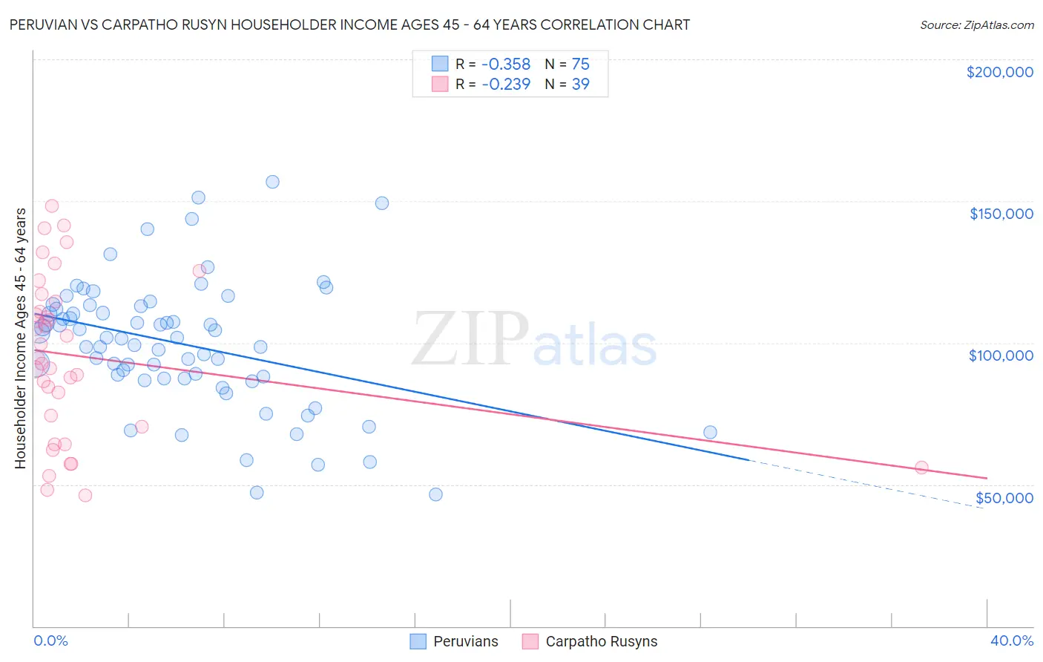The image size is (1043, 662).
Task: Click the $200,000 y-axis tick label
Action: click(x=999, y=72)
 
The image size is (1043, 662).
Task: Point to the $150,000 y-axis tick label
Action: click(x=1001, y=214)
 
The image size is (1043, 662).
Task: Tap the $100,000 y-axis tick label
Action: click(x=1001, y=355)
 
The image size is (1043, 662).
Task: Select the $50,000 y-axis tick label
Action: click(x=1004, y=497)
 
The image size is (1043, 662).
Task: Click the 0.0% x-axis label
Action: click(x=50, y=640)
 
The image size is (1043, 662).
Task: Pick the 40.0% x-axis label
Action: click(x=1011, y=640)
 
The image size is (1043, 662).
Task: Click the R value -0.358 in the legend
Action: click(x=506, y=64)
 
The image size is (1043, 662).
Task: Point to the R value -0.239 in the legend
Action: click(x=506, y=84)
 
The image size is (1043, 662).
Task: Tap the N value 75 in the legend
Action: click(x=580, y=64)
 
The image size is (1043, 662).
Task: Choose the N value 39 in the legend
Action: click(x=580, y=84)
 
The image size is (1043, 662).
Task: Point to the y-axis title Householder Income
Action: click(x=20, y=338)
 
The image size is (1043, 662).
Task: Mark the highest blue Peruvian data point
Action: click(x=272, y=182)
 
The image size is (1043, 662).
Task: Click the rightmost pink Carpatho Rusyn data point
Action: click(x=921, y=468)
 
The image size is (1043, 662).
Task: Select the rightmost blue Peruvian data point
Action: click(x=710, y=432)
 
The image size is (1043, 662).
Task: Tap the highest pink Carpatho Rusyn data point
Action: click(x=52, y=206)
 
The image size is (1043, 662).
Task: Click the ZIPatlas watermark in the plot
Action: click(x=534, y=339)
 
